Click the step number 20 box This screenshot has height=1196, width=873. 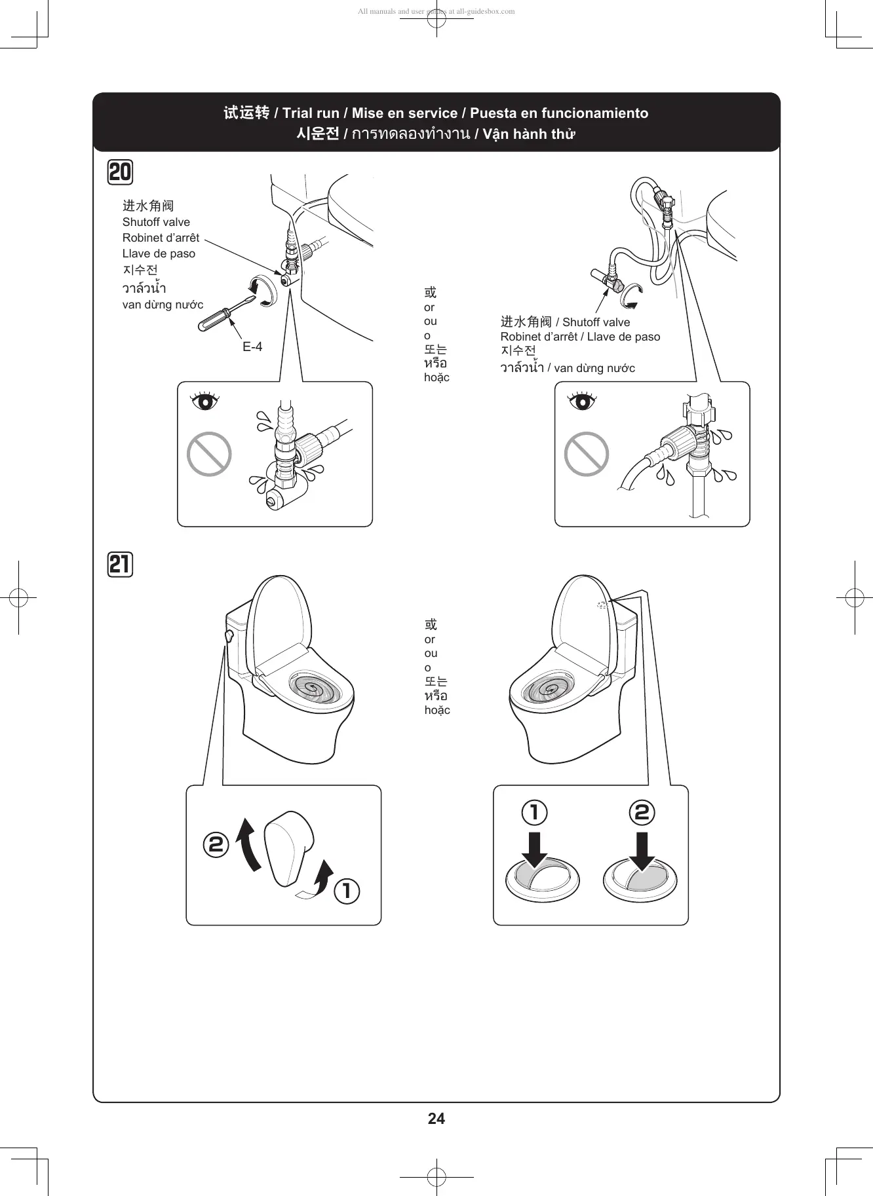pos(120,172)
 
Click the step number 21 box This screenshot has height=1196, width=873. pos(120,564)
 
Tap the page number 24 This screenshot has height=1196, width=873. pos(436,1119)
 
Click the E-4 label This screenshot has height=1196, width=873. pos(252,347)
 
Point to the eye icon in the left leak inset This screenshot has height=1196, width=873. pos(205,400)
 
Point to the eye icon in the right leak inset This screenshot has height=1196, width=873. pos(582,400)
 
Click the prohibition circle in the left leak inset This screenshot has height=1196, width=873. pos(209,454)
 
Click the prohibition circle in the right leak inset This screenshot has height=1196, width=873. pos(587,454)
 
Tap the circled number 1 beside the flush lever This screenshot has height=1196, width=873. pos(347,891)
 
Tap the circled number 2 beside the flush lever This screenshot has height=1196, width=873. pos(216,844)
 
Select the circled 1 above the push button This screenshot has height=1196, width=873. pos(534,812)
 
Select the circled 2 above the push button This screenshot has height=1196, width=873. pos(642,812)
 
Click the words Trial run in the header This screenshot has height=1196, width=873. pos(311,113)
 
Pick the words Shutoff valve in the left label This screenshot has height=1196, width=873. pos(156,222)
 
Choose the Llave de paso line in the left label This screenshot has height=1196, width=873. pos(159,253)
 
